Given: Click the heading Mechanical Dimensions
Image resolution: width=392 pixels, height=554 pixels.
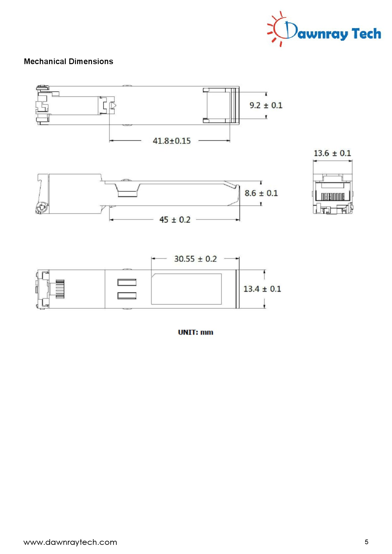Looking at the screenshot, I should tap(68, 61).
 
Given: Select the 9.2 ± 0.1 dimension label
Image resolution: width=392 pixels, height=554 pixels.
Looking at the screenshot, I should tap(266, 105).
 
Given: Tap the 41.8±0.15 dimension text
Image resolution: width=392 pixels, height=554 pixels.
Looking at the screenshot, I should tap(172, 141).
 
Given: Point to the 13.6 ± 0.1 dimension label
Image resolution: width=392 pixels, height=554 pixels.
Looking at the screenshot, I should tap(332, 153).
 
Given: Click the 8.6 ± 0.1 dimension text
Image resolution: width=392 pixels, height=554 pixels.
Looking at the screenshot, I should tap(261, 193).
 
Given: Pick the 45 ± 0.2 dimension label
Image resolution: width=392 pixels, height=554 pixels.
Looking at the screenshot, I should tap(175, 220).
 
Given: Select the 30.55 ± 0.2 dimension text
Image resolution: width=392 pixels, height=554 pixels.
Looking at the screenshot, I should tap(195, 259).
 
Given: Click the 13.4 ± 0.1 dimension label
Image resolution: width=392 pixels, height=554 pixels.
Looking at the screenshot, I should tap(262, 289).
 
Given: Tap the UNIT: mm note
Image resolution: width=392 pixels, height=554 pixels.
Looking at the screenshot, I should tap(195, 332).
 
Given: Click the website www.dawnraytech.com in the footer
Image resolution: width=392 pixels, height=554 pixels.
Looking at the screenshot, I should tap(70, 542).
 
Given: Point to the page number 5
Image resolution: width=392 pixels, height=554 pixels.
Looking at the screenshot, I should tap(366, 542).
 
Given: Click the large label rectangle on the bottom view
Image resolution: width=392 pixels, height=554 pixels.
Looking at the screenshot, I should tap(186, 289).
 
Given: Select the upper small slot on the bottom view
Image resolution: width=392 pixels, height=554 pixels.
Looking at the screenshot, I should tap(127, 282).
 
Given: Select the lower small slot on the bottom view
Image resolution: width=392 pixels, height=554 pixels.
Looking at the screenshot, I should tap(127, 296).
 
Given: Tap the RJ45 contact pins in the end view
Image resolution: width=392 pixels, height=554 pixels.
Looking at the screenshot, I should tap(333, 197).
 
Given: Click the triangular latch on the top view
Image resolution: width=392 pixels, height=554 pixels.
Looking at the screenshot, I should tap(113, 105).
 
